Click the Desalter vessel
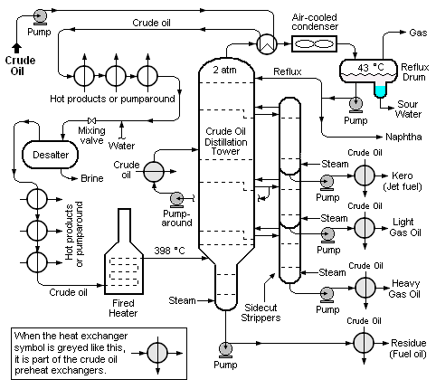point(50,155)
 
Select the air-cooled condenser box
point(314,44)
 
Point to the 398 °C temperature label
point(169,251)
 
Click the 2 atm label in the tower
point(224,70)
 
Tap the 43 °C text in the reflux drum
point(371,67)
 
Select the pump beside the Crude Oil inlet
point(40,16)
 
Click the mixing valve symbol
point(91,121)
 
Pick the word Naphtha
point(403,137)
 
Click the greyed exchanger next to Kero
point(365,176)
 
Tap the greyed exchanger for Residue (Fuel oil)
point(364,343)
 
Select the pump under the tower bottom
point(225,350)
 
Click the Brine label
point(92,178)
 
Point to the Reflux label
point(288,71)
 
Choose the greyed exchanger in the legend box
point(157,353)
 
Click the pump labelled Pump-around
point(176,200)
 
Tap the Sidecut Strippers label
point(261,312)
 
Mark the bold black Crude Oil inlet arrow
point(17,48)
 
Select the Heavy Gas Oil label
point(405,289)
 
